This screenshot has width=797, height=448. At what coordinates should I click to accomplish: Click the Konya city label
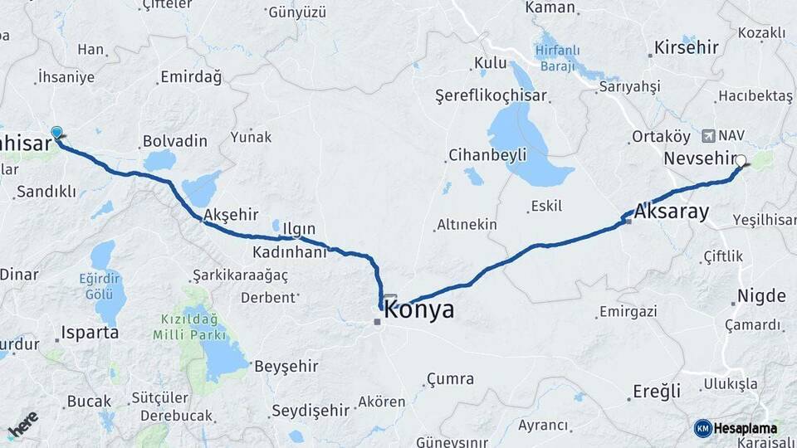(419, 310)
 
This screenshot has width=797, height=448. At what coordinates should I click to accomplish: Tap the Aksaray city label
(672, 212)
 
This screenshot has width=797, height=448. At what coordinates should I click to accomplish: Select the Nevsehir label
(701, 158)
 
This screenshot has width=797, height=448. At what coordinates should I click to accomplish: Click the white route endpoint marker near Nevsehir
(741, 161)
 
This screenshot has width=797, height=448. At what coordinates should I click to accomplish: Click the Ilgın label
(299, 229)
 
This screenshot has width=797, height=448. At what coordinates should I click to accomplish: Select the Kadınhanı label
(290, 252)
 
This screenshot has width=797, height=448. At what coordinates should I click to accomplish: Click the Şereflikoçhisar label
(491, 95)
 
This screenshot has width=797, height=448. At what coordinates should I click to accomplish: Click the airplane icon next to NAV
(707, 134)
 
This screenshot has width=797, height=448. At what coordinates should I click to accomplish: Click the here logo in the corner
(22, 426)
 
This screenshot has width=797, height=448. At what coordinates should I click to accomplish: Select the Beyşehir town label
(286, 366)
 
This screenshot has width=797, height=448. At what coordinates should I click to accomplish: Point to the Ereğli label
(657, 391)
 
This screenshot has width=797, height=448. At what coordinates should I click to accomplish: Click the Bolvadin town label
(174, 141)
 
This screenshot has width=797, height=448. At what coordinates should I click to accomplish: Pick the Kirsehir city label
(686, 47)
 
